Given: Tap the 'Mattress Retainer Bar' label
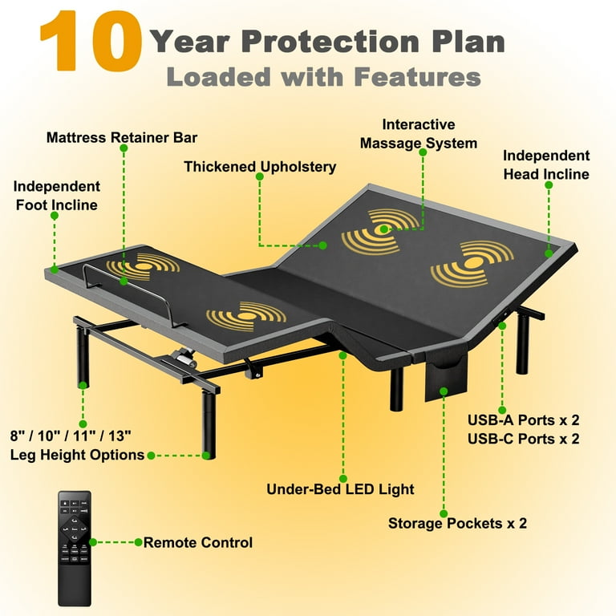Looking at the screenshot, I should click(122, 137).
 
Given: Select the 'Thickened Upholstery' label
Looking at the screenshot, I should click(260, 167).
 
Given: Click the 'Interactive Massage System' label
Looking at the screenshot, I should click(418, 134).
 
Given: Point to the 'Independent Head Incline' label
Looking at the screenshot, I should click(546, 164).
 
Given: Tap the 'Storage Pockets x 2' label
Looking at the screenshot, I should click(457, 523).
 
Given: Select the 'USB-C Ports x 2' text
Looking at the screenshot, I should click(524, 438).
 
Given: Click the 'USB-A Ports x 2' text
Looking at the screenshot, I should click(524, 419).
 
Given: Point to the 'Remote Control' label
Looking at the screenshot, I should click(197, 542).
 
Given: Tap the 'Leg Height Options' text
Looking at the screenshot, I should click(77, 455).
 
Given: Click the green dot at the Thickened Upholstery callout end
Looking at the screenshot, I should click(322, 245).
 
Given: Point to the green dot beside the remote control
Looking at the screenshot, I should click(94, 542).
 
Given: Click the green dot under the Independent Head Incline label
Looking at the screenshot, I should click(549, 184).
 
